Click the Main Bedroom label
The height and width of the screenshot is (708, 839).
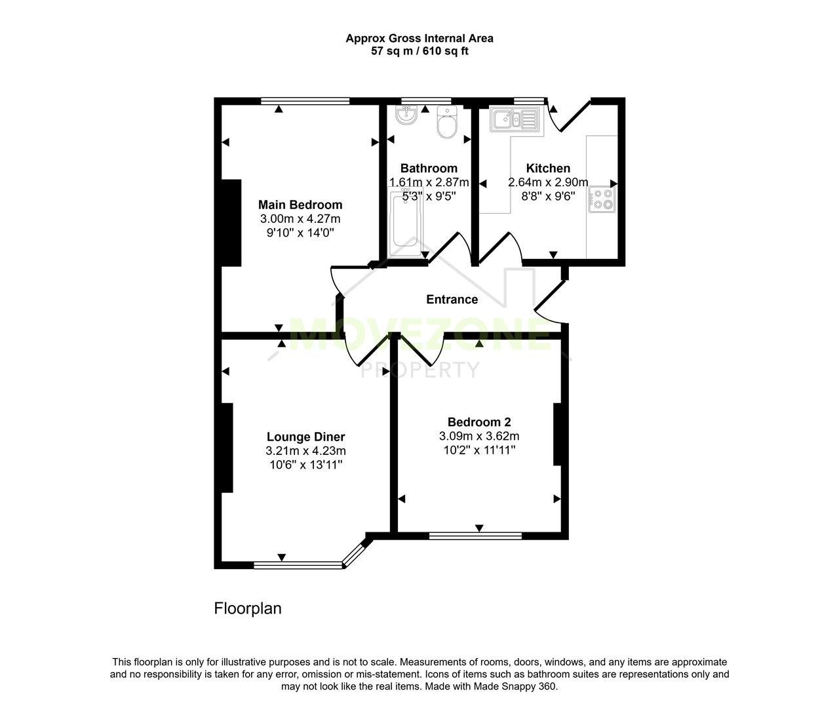point(300,205)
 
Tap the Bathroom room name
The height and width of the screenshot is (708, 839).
point(429,168)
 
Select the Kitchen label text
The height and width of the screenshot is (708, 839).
point(548,168)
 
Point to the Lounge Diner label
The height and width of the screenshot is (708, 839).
point(305,437)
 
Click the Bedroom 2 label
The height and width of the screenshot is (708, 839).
point(479,422)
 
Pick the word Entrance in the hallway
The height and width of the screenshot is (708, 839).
point(452,300)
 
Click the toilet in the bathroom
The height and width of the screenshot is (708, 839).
point(446,123)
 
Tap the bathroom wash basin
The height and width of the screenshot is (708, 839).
point(407,116)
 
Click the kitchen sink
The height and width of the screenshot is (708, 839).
point(516,119)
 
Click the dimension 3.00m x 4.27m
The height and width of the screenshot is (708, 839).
point(300,219)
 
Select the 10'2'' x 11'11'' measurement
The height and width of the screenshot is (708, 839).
point(479,450)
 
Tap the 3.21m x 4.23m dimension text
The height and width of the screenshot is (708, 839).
point(305,451)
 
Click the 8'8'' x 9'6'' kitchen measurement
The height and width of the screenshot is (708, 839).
point(548,196)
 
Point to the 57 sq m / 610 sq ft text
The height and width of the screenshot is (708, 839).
point(419,51)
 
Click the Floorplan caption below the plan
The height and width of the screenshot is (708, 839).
point(248,608)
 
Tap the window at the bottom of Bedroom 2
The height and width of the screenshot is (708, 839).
point(475,536)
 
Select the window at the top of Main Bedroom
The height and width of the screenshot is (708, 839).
point(305,101)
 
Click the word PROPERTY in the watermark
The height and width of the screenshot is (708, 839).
point(420,370)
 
